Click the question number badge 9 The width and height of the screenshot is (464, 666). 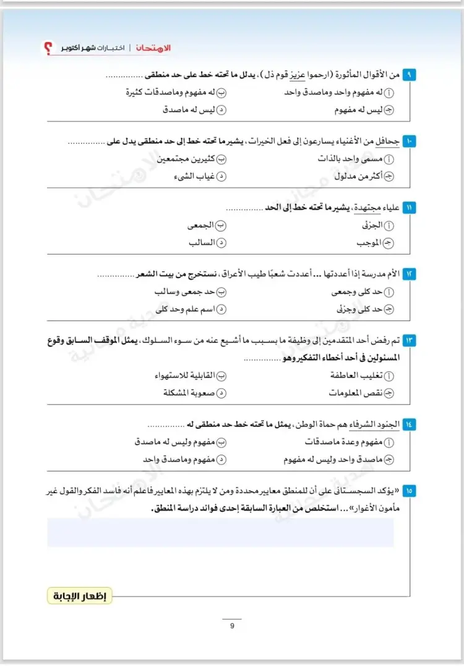(x=410, y=75)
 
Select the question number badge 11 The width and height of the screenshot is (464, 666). (x=410, y=207)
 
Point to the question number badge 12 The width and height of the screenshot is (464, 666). (x=410, y=273)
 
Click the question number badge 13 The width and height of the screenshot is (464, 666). (x=410, y=340)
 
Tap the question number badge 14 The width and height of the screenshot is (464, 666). (x=410, y=424)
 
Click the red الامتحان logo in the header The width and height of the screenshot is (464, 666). (x=157, y=48)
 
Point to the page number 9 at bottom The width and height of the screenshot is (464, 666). (x=232, y=626)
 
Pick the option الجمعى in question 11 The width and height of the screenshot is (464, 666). (x=204, y=226)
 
